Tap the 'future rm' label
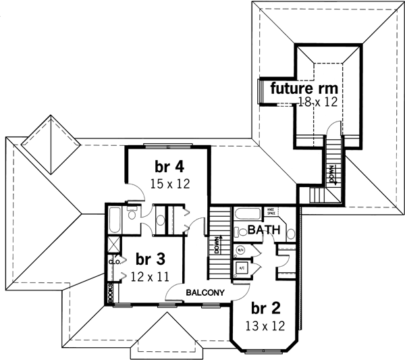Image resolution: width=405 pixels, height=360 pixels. coord(304,88)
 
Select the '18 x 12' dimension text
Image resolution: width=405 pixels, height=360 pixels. coord(317,102)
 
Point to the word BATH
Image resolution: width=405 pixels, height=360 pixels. coord(263,230)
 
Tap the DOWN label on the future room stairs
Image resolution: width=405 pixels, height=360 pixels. coord(329,174)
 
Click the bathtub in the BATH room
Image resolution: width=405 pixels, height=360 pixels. coord(248,216)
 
